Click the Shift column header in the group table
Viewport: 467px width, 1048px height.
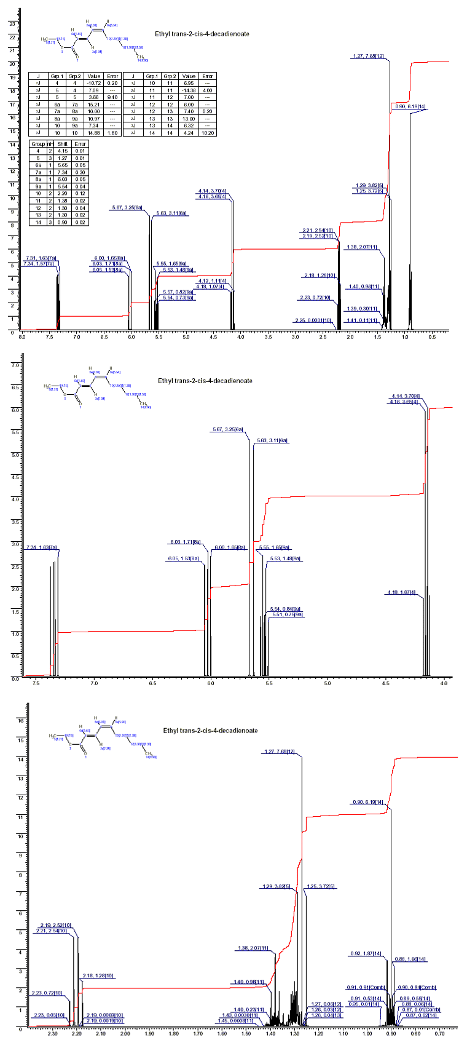pyautogui.click(x=63, y=143)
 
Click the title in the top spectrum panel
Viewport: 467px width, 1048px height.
pyautogui.click(x=202, y=34)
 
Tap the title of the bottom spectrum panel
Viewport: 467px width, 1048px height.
pyautogui.click(x=210, y=731)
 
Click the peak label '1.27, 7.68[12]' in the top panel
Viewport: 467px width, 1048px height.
pyautogui.click(x=368, y=57)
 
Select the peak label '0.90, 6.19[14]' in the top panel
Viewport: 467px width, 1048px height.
pyautogui.click(x=407, y=107)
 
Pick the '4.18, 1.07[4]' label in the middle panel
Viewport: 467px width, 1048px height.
pyautogui.click(x=401, y=592)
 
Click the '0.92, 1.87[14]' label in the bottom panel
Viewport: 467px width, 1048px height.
pyautogui.click(x=367, y=954)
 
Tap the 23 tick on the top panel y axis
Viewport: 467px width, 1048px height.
pyautogui.click(x=11, y=24)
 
